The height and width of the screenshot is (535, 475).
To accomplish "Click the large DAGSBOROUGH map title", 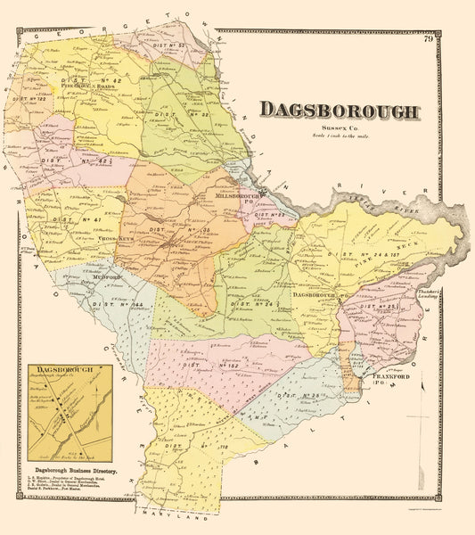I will click(x=339, y=111).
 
